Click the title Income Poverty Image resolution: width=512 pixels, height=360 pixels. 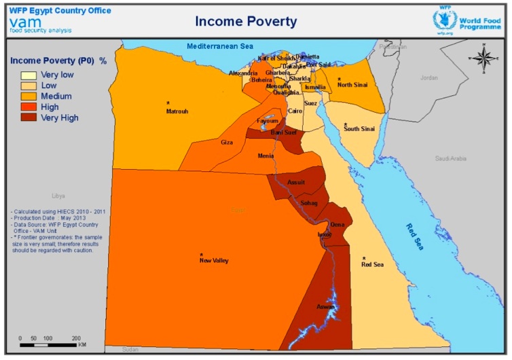click(246, 21)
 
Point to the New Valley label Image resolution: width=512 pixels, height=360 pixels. click(213, 260)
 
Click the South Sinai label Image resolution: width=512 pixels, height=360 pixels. click(359, 128)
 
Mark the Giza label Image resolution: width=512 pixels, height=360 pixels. click(227, 143)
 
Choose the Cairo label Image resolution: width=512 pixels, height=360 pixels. click(295, 110)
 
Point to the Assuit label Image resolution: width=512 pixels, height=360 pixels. click(296, 182)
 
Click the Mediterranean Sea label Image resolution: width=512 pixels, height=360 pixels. click(220, 46)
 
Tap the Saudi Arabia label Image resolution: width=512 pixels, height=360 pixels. click(451, 158)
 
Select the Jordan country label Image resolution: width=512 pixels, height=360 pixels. click(428, 77)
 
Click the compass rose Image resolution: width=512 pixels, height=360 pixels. click(483, 58)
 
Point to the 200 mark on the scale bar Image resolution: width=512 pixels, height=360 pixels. click(76, 338)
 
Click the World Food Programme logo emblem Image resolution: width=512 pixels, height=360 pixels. click(444, 19)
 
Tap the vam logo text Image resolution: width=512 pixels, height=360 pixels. click(25, 22)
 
